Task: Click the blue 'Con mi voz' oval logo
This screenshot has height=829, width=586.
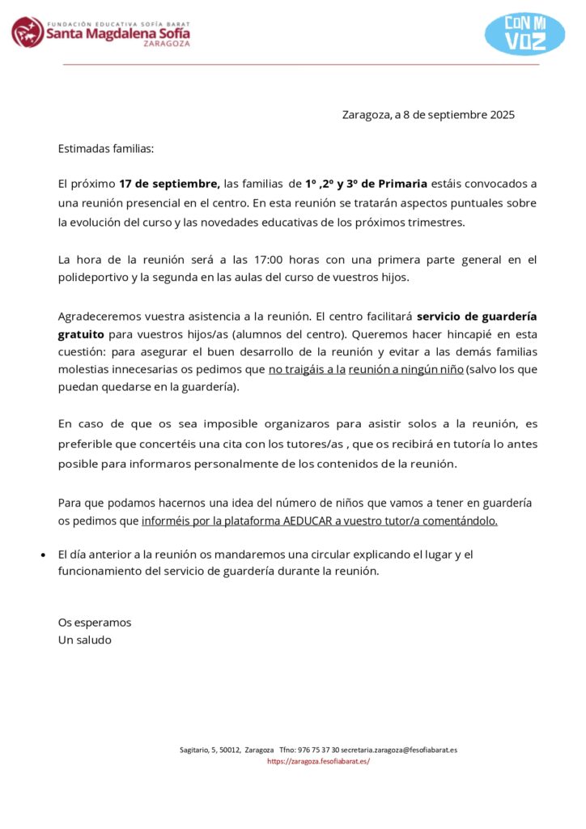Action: pos(524,34)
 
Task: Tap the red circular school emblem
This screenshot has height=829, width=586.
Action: pos(28,32)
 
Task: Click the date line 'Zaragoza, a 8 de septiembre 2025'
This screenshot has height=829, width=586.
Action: pos(428,115)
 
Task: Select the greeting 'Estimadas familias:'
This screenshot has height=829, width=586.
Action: pos(106,149)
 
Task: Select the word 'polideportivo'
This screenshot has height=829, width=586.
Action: pos(95,277)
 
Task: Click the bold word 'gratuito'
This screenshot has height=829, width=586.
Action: pos(81,334)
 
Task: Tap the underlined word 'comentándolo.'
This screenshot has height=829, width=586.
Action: pos(460,521)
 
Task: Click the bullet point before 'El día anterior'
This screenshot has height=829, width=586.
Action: pos(43,555)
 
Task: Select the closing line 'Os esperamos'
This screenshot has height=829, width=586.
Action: pos(95,623)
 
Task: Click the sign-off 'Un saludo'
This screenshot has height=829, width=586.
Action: pos(85,640)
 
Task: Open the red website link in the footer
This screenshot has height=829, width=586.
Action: pos(318,762)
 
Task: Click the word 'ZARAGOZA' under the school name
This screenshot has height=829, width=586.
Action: pos(166,44)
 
